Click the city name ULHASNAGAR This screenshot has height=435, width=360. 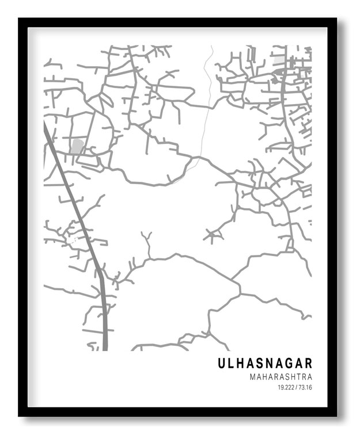(265, 363)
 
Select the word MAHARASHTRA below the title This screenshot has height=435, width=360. (281, 377)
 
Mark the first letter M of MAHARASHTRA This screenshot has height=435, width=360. (253, 377)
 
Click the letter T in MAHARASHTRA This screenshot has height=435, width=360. (297, 377)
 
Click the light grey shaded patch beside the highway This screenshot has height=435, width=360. (77, 146)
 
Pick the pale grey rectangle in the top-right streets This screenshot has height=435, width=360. (279, 60)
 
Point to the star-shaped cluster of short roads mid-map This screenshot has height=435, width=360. (214, 235)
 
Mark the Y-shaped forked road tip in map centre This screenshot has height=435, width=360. (147, 236)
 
